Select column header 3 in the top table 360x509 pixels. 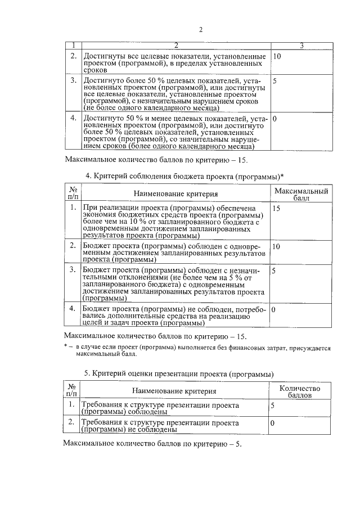coord(300,45)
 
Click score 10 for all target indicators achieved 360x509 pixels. coord(277,57)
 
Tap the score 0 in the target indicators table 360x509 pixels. coord(274,119)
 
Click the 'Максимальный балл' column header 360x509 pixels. coord(300,194)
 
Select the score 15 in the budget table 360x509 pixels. coord(276,209)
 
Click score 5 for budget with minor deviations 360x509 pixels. coord(274,271)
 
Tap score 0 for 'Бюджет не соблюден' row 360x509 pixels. coord(274,309)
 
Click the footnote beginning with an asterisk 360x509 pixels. coord(197,352)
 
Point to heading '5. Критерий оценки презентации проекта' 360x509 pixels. coord(179,373)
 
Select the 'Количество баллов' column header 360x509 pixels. coord(300,391)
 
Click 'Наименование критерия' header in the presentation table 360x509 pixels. coord(174,391)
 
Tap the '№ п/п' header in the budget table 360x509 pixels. coord(73,194)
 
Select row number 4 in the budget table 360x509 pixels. coord(72,309)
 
